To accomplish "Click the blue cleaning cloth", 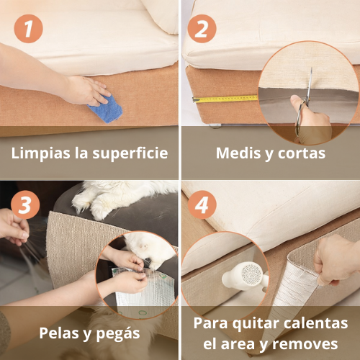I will [105, 109].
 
